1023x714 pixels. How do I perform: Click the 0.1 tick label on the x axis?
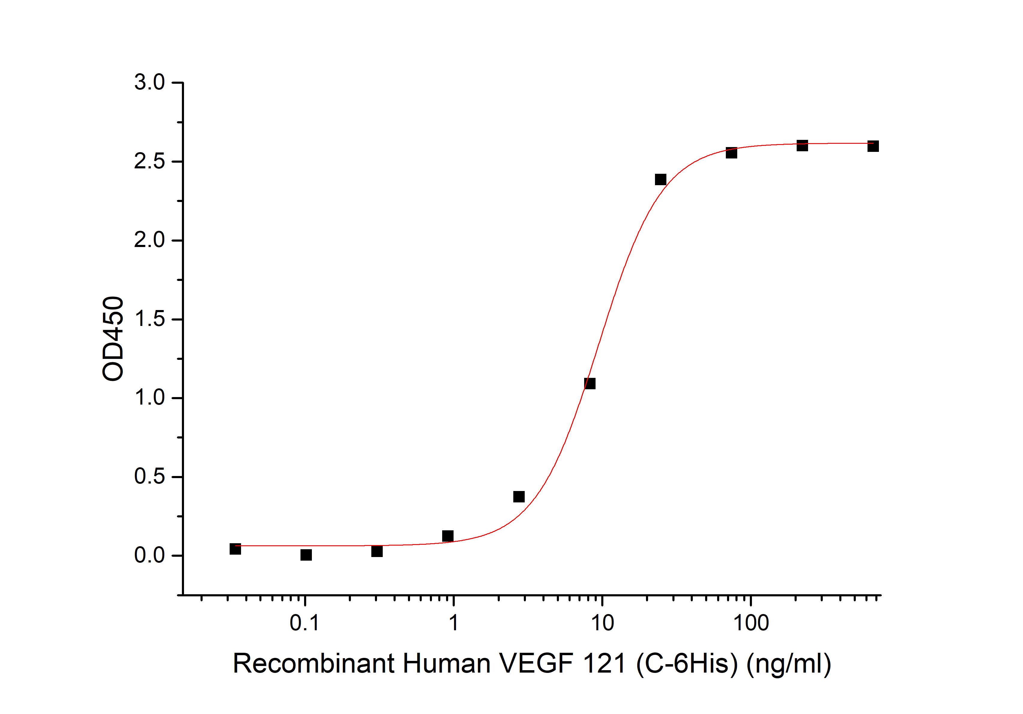coord(305,623)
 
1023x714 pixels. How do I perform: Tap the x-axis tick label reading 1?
coord(454,623)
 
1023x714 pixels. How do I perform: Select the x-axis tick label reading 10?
coord(602,623)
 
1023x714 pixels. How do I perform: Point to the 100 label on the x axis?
coord(751,623)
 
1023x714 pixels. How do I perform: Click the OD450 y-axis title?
coord(113,339)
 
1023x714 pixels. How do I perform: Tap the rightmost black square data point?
coord(873,146)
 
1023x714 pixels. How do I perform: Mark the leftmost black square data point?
coord(235,549)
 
